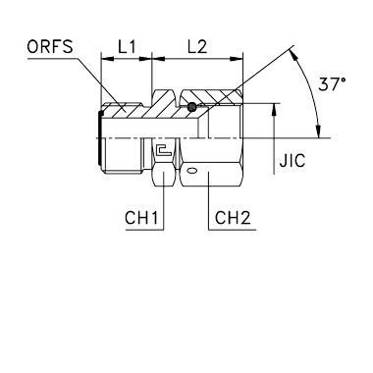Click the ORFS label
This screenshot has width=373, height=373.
coord(50,47)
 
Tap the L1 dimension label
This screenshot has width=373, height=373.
coord(127,47)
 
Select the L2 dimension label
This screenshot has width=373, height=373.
coord(197,47)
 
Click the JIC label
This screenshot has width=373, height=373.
coord(293,161)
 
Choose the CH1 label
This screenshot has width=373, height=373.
coord(141,218)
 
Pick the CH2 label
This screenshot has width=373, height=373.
coord(233,218)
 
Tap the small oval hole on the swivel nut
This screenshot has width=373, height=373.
coord(191,171)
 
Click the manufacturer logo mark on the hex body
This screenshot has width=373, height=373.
coord(164,150)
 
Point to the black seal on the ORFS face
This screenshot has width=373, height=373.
coord(99,137)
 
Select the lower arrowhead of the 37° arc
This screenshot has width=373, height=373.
coord(318,132)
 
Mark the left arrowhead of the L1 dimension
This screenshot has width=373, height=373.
coord(107,59)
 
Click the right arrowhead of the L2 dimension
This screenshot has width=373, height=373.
coord(237,59)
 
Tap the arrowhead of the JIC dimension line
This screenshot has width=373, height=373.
coord(274,110)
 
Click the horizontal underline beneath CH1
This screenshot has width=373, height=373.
coord(144,230)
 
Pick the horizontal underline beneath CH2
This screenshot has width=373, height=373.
coord(233,230)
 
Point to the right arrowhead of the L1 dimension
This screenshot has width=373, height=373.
coord(145,59)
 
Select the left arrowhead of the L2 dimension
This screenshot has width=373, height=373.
coord(158,59)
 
